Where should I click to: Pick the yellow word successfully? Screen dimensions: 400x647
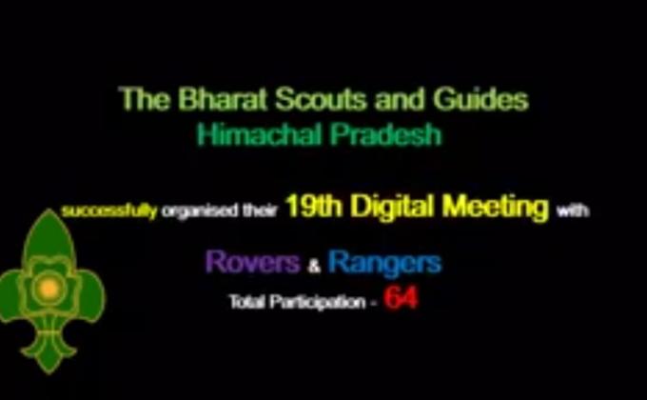click(x=108, y=211)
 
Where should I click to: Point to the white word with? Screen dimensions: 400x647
click(x=574, y=211)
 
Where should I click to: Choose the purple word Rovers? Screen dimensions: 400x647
click(x=254, y=262)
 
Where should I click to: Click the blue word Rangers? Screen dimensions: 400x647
click(x=383, y=262)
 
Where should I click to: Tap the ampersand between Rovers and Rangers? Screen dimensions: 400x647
click(x=315, y=265)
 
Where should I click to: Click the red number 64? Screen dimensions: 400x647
click(x=401, y=299)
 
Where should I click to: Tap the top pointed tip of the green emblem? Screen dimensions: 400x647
click(x=47, y=212)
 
